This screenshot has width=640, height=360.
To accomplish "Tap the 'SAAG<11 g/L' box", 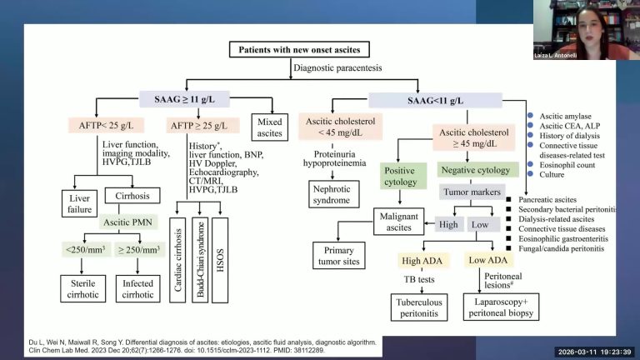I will tap(446, 100).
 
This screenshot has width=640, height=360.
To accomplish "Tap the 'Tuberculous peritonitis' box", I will tap(420, 304).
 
